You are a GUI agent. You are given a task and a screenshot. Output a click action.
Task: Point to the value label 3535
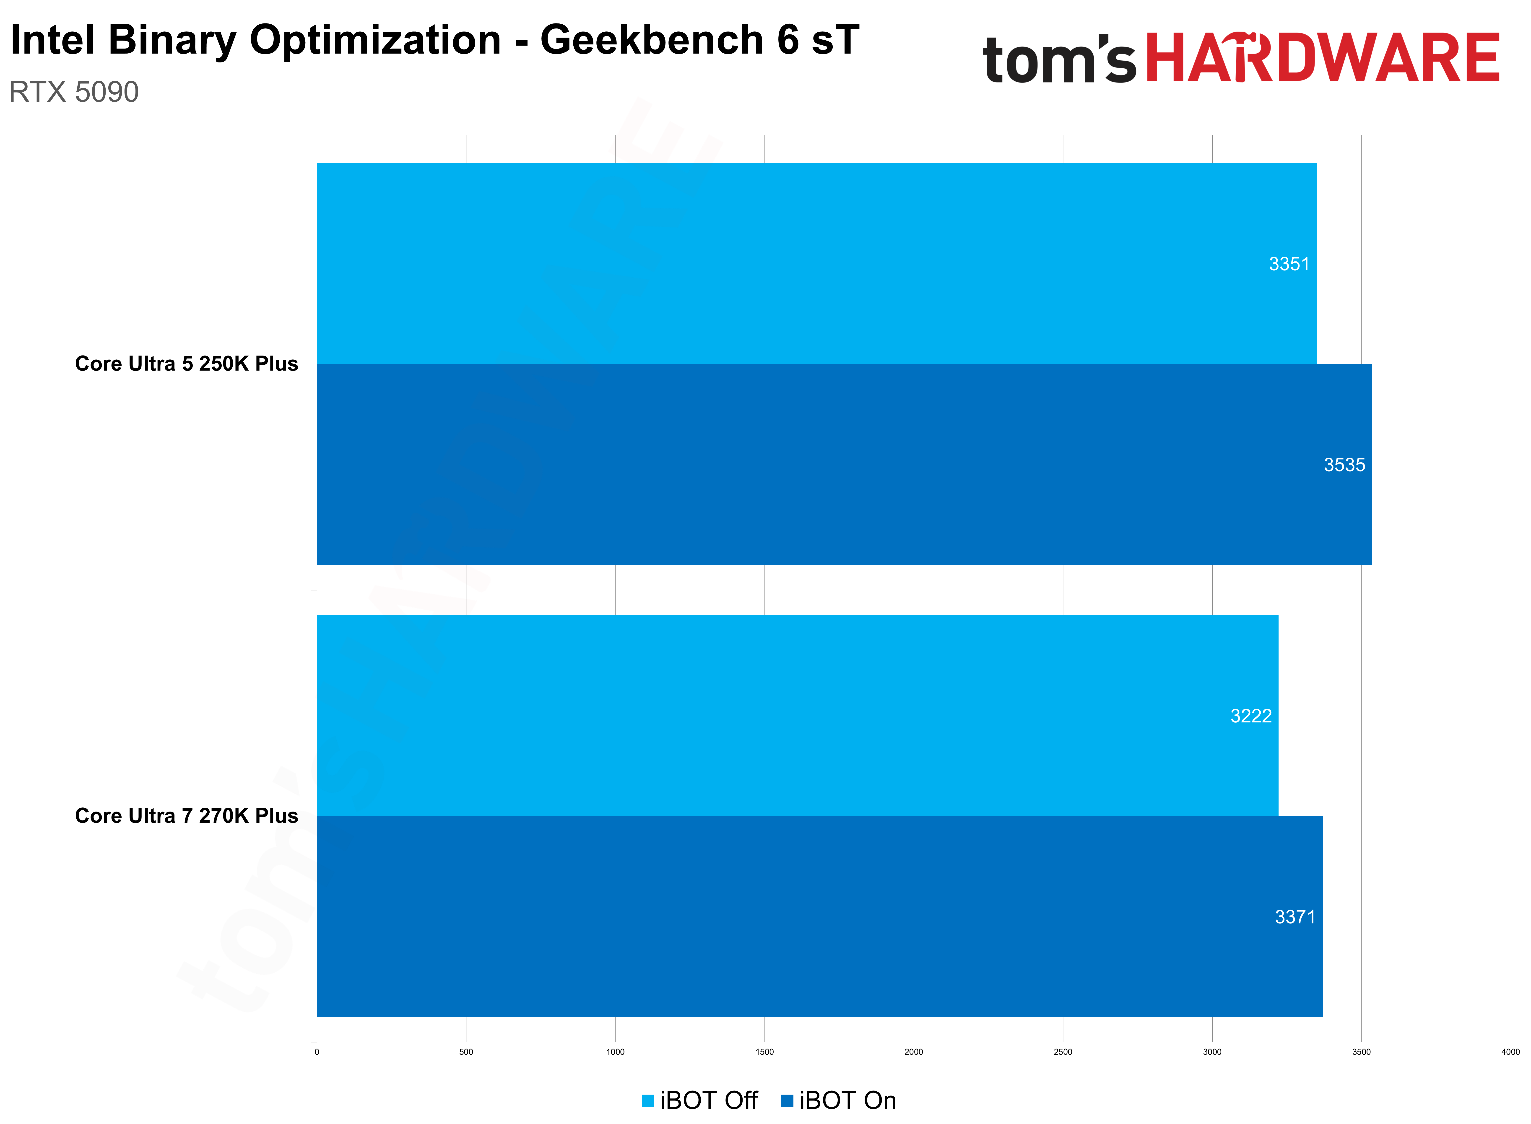pos(1344,465)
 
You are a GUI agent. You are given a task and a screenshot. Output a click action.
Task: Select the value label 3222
pos(1250,716)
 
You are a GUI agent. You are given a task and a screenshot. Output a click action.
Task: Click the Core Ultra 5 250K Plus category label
pos(187,364)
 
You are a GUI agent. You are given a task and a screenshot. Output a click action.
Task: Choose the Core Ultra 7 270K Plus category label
pos(187,816)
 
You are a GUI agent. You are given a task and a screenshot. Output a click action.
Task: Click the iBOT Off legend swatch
pos(647,1100)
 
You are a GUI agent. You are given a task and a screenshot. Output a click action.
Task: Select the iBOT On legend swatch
pos(787,1100)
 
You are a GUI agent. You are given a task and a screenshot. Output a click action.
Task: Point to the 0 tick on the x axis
pos(317,1052)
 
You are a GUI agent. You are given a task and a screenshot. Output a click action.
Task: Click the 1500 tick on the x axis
pos(764,1052)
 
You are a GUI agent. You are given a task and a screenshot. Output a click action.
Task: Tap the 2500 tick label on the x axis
pos(1063,1052)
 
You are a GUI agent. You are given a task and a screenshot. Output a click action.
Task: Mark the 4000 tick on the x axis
pos(1510,1052)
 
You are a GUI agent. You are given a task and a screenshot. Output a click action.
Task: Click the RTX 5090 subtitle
pos(73,92)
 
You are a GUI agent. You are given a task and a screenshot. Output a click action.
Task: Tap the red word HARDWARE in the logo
pos(1322,59)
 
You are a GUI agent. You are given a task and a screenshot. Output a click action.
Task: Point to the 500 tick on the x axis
pos(466,1052)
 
